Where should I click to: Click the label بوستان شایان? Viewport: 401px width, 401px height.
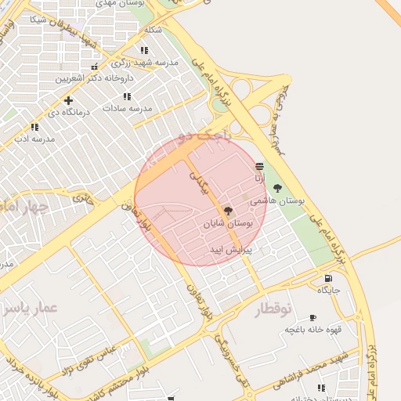pos(229,225)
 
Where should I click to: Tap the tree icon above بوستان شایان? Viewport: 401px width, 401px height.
pos(228,211)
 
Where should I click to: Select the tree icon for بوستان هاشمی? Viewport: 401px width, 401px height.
pos(277,188)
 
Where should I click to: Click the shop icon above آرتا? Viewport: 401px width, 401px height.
pos(259,166)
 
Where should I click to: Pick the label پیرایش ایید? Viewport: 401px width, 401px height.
pos(228,250)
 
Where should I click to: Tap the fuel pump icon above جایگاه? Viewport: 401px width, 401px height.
pos(327,277)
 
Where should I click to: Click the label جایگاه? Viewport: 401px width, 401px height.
pos(328,290)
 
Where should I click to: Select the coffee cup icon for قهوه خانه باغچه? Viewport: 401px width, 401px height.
pos(312,317)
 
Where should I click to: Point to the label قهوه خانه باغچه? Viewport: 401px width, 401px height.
pos(312,329)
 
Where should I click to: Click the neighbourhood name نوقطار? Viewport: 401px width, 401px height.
pos(273,309)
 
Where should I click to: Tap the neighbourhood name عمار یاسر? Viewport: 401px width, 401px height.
pos(31,309)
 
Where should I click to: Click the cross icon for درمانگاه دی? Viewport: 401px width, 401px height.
pos(69,100)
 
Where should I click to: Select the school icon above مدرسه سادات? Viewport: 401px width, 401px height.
pos(127,96)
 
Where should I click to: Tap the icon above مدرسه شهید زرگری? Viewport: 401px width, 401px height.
pos(144,50)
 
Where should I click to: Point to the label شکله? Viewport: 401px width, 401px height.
pos(153,30)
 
